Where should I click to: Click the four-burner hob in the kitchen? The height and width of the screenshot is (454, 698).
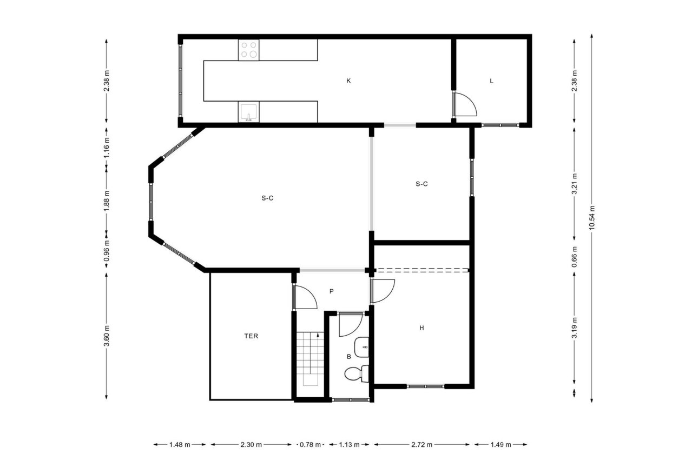(249, 50)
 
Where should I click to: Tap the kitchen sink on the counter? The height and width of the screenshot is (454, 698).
(248, 112)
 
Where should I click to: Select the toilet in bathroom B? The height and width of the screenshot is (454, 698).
(355, 373)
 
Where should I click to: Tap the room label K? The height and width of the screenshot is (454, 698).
(348, 81)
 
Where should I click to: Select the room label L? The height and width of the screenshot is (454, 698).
(491, 81)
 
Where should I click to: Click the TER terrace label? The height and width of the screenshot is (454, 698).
(251, 336)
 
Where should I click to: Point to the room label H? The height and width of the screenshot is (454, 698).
(421, 328)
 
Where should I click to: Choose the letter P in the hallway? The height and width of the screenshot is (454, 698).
(331, 291)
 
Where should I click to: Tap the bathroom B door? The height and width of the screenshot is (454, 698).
(350, 325)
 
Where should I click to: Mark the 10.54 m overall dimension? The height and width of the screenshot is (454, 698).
(592, 218)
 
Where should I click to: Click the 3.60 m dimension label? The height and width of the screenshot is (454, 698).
(107, 336)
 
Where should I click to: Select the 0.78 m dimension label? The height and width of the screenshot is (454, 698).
(311, 445)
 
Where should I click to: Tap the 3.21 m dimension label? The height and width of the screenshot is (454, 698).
(575, 184)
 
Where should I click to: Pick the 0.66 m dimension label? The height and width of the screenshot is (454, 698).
(575, 253)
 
